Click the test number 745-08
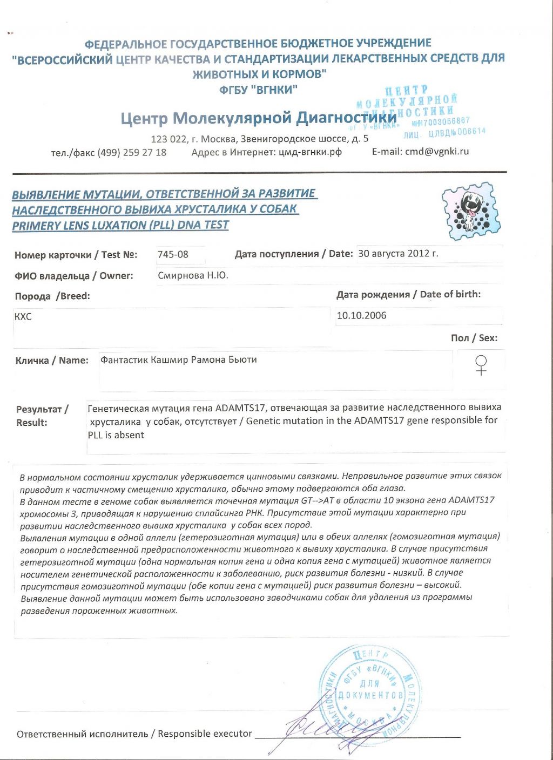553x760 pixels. click(173, 254)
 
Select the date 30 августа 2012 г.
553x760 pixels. click(398, 254)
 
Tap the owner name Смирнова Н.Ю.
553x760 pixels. click(193, 276)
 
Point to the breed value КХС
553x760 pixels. click(23, 317)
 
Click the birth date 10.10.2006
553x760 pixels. click(361, 316)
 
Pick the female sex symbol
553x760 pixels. click(481, 365)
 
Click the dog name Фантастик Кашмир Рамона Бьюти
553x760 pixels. click(178, 360)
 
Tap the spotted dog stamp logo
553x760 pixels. click(470, 211)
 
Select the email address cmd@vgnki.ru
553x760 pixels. click(436, 152)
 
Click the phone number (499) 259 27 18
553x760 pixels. click(132, 153)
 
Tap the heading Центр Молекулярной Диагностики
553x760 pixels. click(258, 118)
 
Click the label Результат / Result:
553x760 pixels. click(42, 416)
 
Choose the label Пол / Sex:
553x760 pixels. click(474, 338)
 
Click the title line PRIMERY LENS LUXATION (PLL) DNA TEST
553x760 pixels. click(120, 225)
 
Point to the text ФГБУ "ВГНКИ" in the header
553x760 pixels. click(258, 90)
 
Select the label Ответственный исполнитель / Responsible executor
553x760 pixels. click(134, 734)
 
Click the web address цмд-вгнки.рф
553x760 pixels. click(310, 152)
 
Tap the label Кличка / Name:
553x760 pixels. click(52, 361)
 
